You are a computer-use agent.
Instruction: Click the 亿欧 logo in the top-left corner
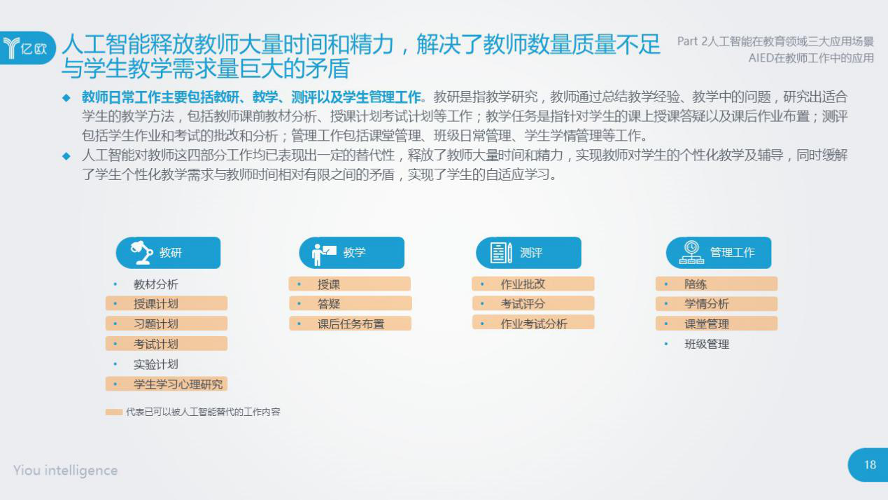27,48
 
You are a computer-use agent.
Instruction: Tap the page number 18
871,465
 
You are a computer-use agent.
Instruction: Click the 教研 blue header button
168,253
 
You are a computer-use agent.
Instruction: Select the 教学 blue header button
352,253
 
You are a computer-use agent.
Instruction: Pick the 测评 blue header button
528,253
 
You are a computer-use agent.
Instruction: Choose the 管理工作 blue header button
719,253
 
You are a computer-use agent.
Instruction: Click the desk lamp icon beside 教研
141,252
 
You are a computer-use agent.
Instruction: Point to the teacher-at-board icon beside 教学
324,254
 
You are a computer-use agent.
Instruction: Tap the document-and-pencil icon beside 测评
501,253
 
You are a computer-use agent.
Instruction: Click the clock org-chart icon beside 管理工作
691,252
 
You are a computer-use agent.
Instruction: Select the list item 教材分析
156,284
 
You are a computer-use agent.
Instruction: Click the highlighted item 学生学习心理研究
167,384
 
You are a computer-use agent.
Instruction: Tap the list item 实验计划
156,364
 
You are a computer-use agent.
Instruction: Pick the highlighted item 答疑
351,304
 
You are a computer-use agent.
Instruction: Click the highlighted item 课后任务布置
350,324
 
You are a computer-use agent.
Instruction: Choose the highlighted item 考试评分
533,304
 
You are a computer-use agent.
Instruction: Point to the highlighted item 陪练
717,284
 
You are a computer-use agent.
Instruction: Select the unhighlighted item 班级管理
707,344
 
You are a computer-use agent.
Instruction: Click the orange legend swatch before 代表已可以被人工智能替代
114,412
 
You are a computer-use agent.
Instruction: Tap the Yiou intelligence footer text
65,471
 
